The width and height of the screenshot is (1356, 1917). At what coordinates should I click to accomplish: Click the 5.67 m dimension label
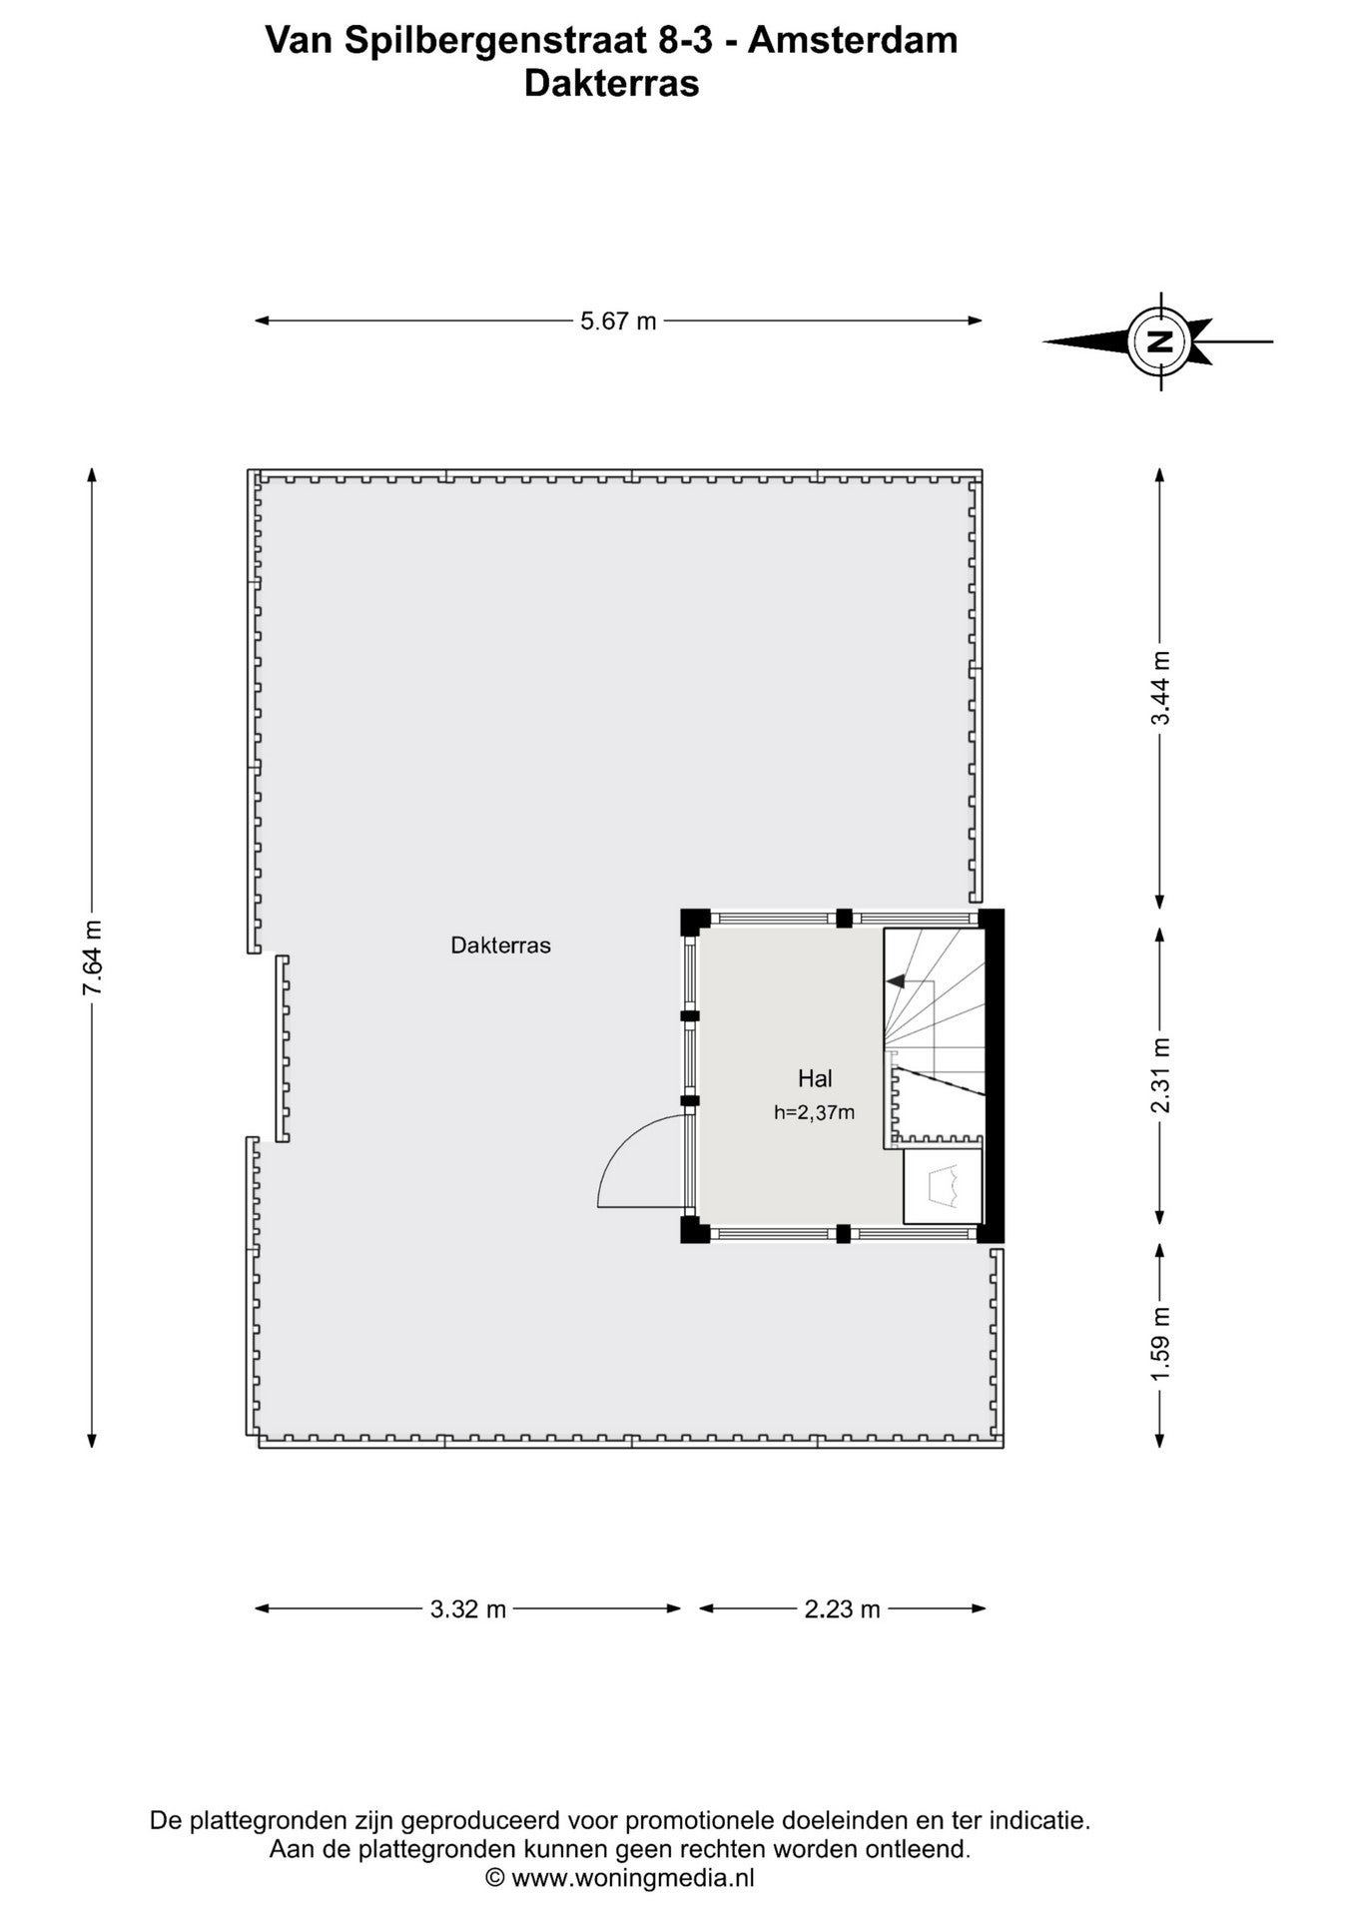pos(619,320)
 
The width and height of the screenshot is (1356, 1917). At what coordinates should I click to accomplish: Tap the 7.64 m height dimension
pos(92,958)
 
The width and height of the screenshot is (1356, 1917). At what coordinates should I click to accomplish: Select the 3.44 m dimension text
pos(1159,689)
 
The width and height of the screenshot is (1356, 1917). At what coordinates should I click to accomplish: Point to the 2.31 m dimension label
pos(1159,1075)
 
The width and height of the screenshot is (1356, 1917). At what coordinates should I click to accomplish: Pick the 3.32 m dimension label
pos(468,1608)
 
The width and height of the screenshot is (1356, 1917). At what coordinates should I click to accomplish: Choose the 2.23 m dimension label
pos(843,1608)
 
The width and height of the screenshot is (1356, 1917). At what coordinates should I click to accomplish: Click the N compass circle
pos(1159,341)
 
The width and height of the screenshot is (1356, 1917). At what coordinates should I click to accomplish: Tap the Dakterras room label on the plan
pos(500,945)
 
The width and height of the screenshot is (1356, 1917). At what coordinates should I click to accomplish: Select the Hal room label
pos(815,1078)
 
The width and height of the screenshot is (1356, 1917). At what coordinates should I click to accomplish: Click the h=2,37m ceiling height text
pos(814,1112)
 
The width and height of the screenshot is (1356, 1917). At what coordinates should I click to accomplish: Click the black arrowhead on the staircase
pos(896,981)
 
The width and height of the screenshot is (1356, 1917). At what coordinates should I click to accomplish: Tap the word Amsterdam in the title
pos(853,40)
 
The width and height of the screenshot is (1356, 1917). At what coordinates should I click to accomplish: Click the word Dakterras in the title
pos(611,83)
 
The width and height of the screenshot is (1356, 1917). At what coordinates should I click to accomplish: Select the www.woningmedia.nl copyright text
pos(633,1877)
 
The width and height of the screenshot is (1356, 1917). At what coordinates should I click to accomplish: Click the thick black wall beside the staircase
pos(993,1075)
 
